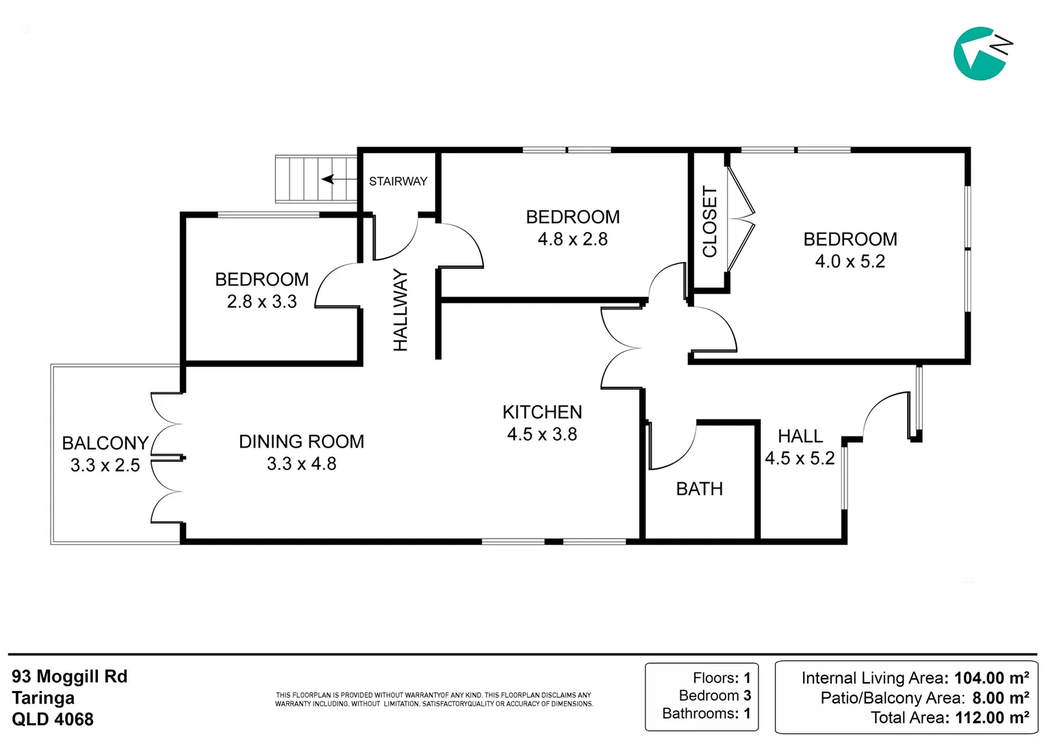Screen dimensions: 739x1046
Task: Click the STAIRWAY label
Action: tap(398, 181)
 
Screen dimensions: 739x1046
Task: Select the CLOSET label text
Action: tap(710, 222)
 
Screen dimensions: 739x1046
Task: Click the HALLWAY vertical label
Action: tap(400, 310)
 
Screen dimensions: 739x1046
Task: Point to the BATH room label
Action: tap(699, 489)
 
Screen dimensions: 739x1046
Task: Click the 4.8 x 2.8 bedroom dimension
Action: tap(572, 239)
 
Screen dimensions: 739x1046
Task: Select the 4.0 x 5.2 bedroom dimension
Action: tap(850, 261)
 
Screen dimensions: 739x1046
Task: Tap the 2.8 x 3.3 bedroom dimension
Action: tap(261, 302)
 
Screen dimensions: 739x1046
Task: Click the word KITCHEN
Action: tap(542, 412)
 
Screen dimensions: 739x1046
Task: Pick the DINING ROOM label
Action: tap(301, 441)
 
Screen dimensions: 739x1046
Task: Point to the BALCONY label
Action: tap(105, 443)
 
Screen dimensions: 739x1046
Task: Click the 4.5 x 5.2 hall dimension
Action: tap(800, 458)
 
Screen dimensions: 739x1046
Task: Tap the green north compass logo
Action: tap(980, 53)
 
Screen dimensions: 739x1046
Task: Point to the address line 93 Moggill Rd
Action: tap(70, 677)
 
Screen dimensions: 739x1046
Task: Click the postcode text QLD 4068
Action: tap(53, 719)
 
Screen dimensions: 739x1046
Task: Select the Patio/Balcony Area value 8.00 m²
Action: tap(1000, 698)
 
